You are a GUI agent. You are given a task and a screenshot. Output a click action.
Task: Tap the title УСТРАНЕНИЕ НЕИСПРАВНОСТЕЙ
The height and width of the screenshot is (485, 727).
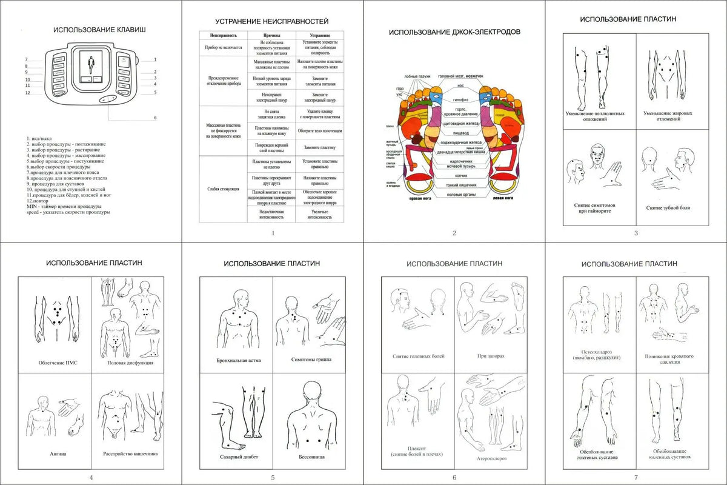coord(272,21)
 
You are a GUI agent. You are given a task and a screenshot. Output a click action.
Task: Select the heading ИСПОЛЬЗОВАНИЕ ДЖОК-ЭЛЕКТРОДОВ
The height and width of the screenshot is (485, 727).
coord(454,32)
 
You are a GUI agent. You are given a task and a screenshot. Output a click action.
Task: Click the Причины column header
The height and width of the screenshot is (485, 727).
coord(272,36)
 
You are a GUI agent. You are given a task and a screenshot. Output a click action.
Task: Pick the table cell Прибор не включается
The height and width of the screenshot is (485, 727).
coord(224,47)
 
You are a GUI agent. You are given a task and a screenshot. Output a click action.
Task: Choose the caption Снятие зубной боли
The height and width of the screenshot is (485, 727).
coord(668,208)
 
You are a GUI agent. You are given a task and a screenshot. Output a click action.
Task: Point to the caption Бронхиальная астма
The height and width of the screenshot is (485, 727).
coord(236,360)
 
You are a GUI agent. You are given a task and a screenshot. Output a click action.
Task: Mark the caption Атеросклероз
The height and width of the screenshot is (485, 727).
coord(491,458)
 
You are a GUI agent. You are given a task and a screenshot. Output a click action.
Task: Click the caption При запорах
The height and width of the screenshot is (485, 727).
coord(491,356)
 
